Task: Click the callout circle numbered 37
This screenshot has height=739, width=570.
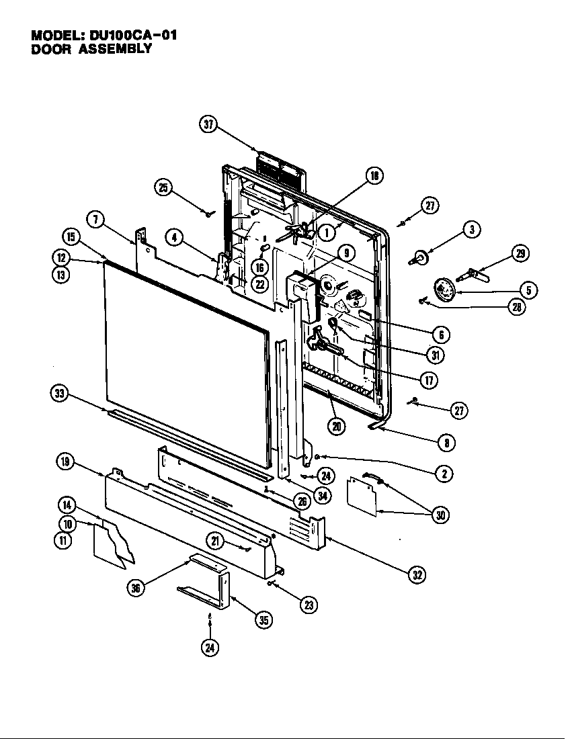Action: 210,125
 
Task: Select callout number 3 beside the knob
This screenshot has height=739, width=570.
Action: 471,230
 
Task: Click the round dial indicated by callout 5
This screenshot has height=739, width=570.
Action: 444,290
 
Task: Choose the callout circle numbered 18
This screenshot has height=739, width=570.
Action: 374,176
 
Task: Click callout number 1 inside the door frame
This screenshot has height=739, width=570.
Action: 327,232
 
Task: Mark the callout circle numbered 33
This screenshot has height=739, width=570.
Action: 60,394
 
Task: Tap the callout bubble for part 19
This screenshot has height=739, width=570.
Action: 65,461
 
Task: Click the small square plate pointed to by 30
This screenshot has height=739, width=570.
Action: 362,497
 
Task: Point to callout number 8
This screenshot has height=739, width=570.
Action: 446,443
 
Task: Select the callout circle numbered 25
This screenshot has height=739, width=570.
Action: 163,187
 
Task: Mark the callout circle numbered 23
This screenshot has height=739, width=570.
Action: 308,605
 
